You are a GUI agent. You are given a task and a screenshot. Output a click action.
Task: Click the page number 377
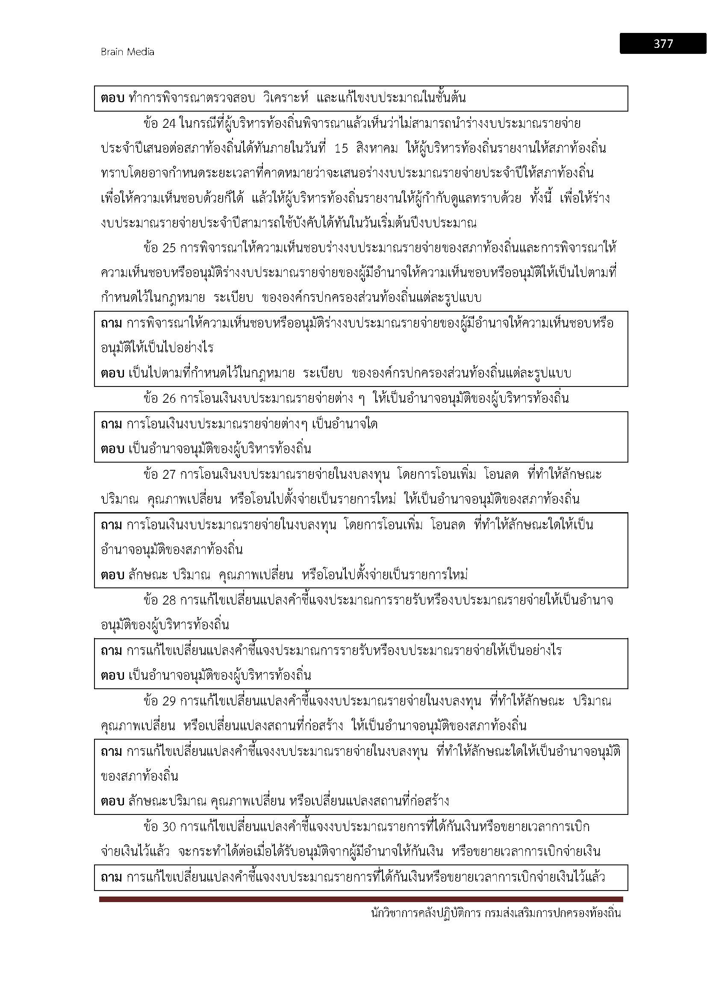[663, 44]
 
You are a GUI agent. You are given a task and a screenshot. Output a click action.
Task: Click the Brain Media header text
[127, 52]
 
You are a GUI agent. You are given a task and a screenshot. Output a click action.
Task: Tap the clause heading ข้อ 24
[159, 124]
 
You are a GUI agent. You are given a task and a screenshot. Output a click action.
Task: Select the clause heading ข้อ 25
[159, 248]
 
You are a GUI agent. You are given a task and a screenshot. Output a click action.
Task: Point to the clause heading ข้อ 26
[159, 398]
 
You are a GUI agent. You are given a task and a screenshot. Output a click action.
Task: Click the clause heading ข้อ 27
[159, 474]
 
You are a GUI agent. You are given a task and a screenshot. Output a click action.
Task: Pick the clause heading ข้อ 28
[159, 600]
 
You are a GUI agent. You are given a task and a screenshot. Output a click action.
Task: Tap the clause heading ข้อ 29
[159, 701]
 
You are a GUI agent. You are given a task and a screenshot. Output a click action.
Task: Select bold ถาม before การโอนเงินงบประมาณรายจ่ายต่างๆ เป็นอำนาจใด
[111, 424]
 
